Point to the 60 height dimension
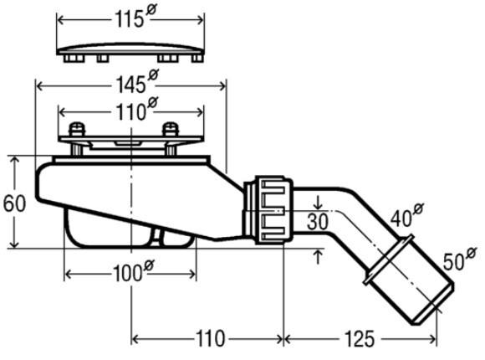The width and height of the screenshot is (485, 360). click(x=14, y=203)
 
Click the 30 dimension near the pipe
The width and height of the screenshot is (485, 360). click(x=318, y=222)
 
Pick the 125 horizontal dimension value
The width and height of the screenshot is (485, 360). click(x=359, y=338)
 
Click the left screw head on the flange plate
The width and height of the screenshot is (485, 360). click(x=76, y=129)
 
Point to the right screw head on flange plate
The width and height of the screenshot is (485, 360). click(x=171, y=129)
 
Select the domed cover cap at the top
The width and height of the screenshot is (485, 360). click(x=130, y=53)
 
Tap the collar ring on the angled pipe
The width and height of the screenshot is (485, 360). click(x=389, y=259)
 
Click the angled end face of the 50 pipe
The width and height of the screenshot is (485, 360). click(x=434, y=304)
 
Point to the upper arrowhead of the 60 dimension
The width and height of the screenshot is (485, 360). click(x=14, y=160)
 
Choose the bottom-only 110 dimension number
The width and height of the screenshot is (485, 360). click(x=211, y=338)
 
